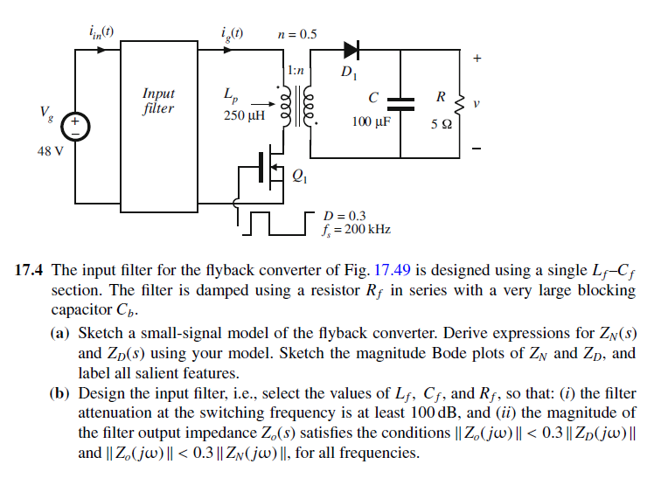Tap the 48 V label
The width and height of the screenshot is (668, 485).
[50, 150]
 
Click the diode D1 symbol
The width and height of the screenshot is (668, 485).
[352, 50]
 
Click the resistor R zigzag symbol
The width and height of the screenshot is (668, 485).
[460, 103]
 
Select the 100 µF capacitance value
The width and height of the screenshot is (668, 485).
[371, 121]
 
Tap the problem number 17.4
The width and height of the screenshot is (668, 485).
[31, 270]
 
